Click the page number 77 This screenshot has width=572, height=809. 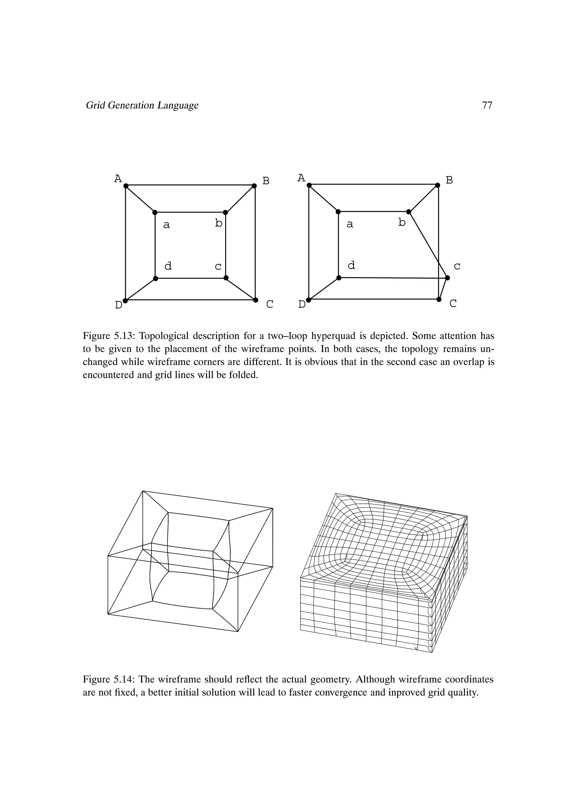pyautogui.click(x=487, y=105)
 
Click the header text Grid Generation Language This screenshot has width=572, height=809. pyautogui.click(x=142, y=105)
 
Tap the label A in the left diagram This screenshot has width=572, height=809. pyautogui.click(x=118, y=179)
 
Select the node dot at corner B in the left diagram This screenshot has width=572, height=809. pyautogui.click(x=254, y=186)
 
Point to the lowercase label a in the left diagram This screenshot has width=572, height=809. pyautogui.click(x=167, y=225)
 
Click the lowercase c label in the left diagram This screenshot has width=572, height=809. pyautogui.click(x=218, y=267)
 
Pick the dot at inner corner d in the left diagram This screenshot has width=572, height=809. pyautogui.click(x=155, y=278)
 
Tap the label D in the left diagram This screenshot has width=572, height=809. pyautogui.click(x=118, y=305)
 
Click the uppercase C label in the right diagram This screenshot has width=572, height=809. pyautogui.click(x=453, y=303)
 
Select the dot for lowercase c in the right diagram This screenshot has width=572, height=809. pyautogui.click(x=448, y=278)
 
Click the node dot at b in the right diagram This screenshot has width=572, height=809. pyautogui.click(x=409, y=212)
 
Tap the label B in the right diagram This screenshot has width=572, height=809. pyautogui.click(x=449, y=180)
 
